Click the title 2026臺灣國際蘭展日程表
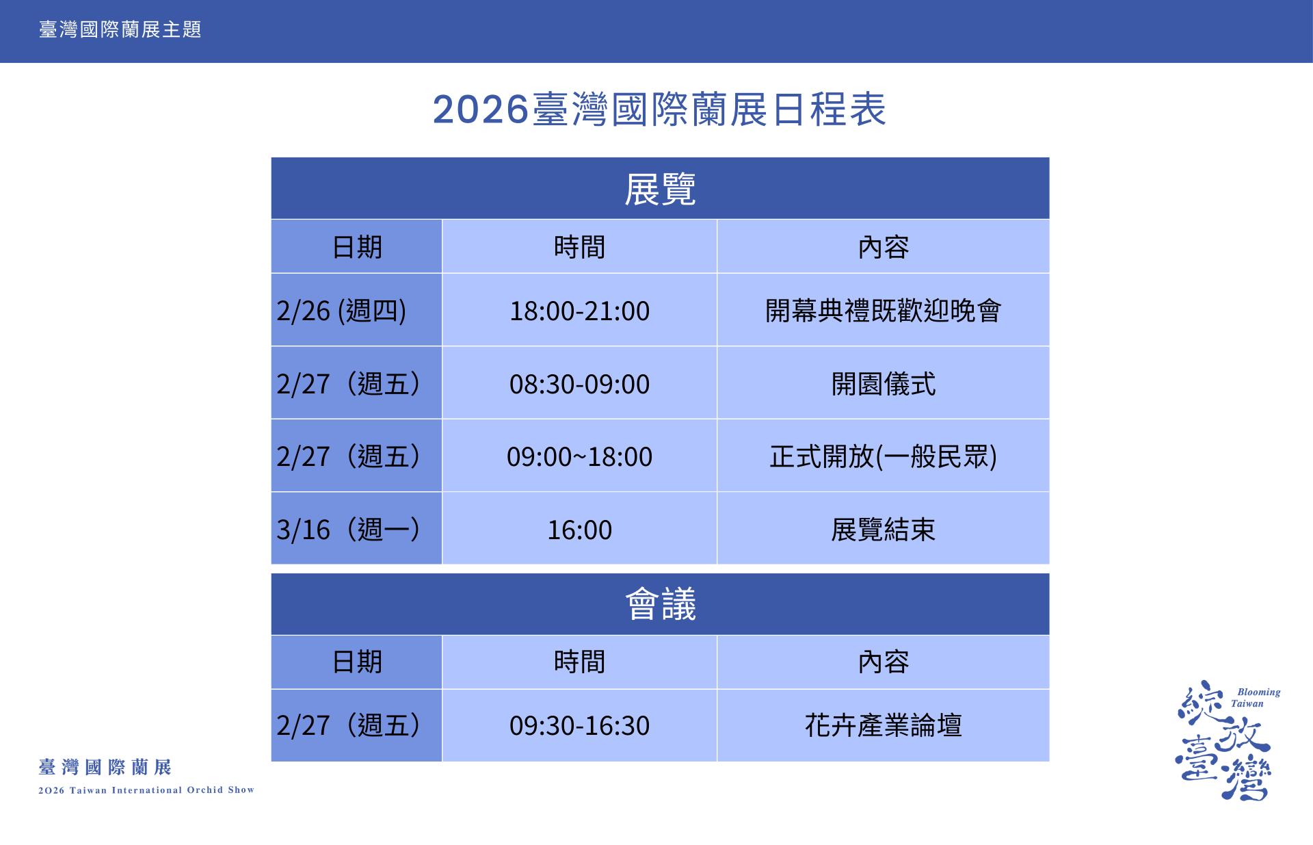[x=659, y=109]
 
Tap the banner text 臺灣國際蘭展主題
[x=120, y=29]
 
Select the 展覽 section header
[x=660, y=189]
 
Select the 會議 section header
[x=660, y=604]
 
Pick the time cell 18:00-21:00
[x=579, y=311]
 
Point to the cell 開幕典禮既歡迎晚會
[x=883, y=311]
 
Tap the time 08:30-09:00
[x=579, y=384]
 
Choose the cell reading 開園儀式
[x=883, y=384]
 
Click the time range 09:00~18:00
[x=579, y=456]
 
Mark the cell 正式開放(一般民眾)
[x=883, y=456]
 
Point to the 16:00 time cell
[x=579, y=530]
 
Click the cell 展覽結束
[x=883, y=530]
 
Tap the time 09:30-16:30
[x=579, y=725]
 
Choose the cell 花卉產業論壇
[x=883, y=725]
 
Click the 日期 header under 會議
[x=357, y=662]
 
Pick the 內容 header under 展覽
[x=883, y=247]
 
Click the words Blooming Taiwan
[x=1256, y=697]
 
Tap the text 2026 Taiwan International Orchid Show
[x=146, y=790]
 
